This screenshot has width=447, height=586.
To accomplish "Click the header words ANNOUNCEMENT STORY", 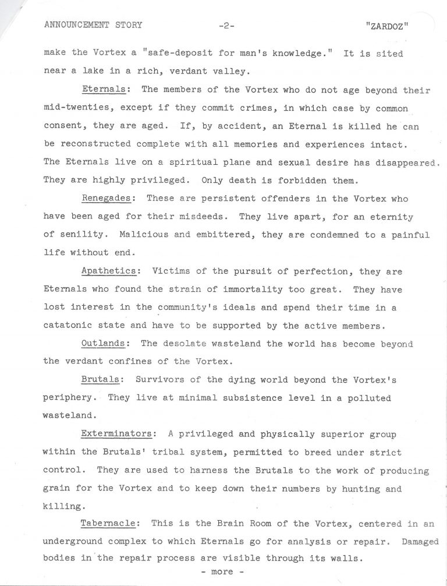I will tap(93, 25).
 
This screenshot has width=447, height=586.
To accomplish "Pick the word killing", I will tap(62, 506).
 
